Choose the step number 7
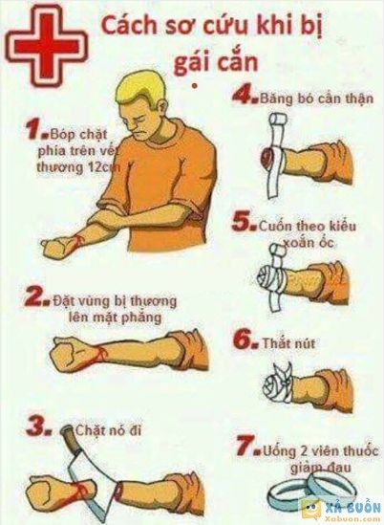[x=245, y=447]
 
